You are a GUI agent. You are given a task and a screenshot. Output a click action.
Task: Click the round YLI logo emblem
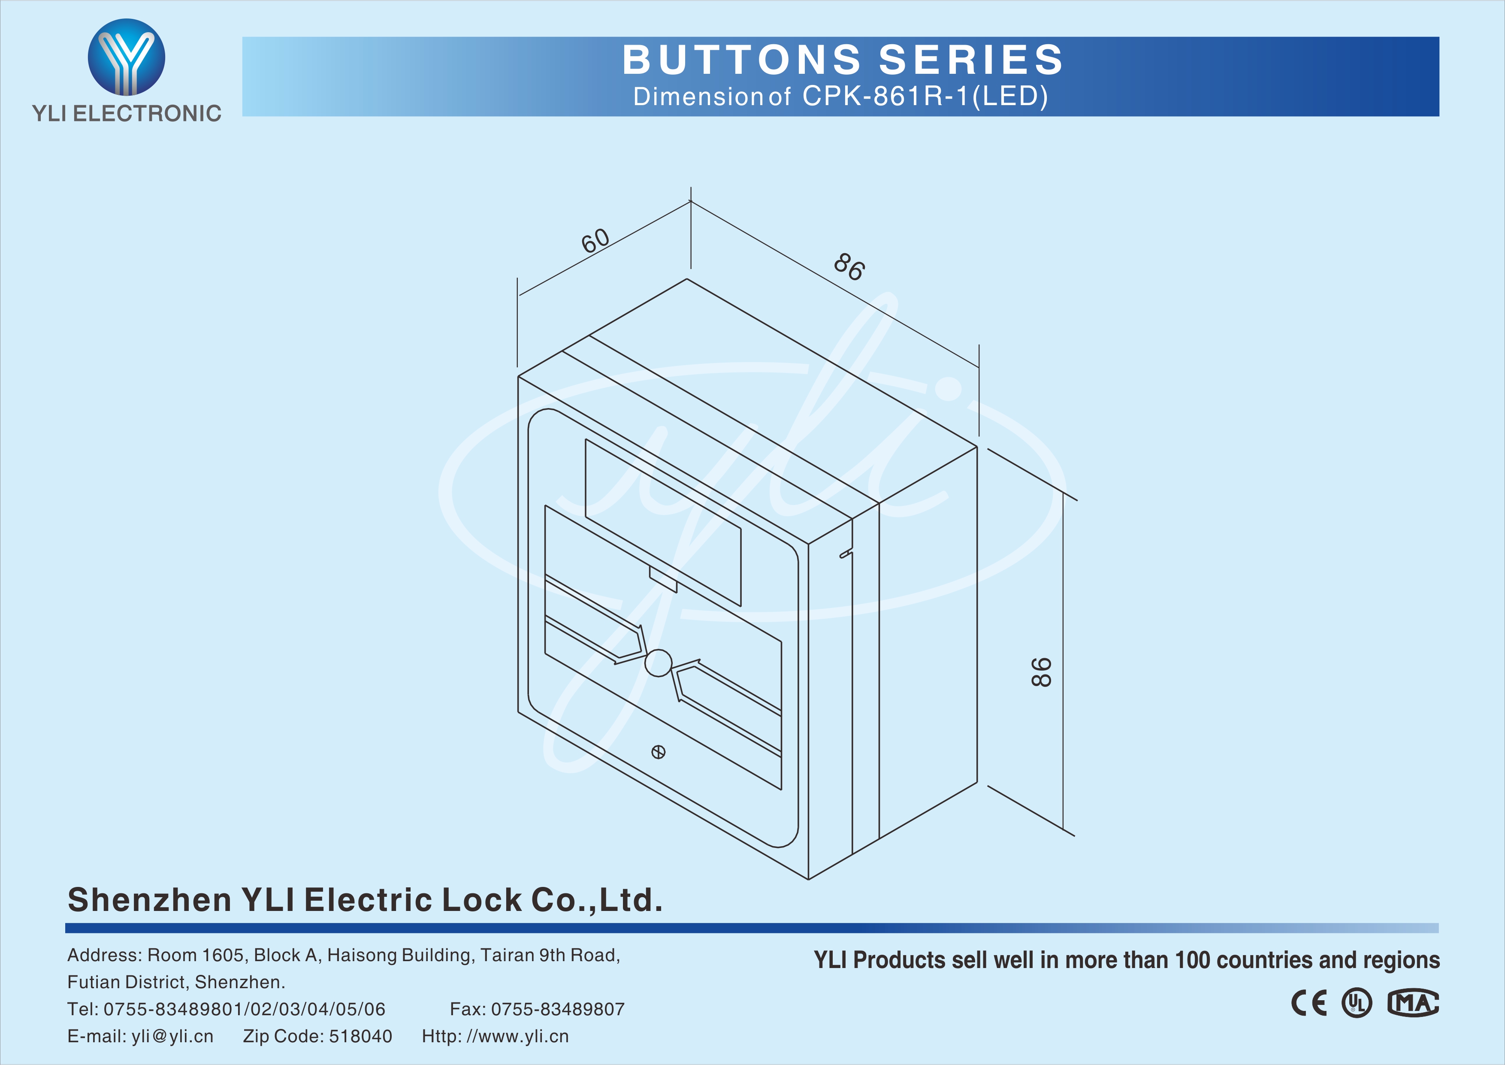tap(127, 57)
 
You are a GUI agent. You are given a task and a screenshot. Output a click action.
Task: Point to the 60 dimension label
tap(595, 241)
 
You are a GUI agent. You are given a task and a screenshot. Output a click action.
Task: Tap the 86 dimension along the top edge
tap(849, 267)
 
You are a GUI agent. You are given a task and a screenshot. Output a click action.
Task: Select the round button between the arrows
tap(658, 663)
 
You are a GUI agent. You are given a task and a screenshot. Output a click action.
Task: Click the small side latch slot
tap(846, 554)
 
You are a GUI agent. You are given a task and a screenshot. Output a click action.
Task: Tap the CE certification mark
tap(1309, 1003)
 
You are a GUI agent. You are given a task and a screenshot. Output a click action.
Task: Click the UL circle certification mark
tap(1356, 1003)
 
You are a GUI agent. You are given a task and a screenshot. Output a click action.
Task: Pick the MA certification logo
tap(1413, 1003)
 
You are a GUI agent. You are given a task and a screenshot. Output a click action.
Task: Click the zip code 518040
tap(360, 1036)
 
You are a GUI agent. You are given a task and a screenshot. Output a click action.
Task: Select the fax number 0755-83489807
tap(558, 1009)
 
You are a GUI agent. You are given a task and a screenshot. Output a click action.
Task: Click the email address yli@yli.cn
tap(172, 1036)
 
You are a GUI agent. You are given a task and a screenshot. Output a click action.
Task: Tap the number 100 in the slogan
tap(1192, 960)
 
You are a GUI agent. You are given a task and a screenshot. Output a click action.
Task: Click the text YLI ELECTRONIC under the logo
tap(127, 113)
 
